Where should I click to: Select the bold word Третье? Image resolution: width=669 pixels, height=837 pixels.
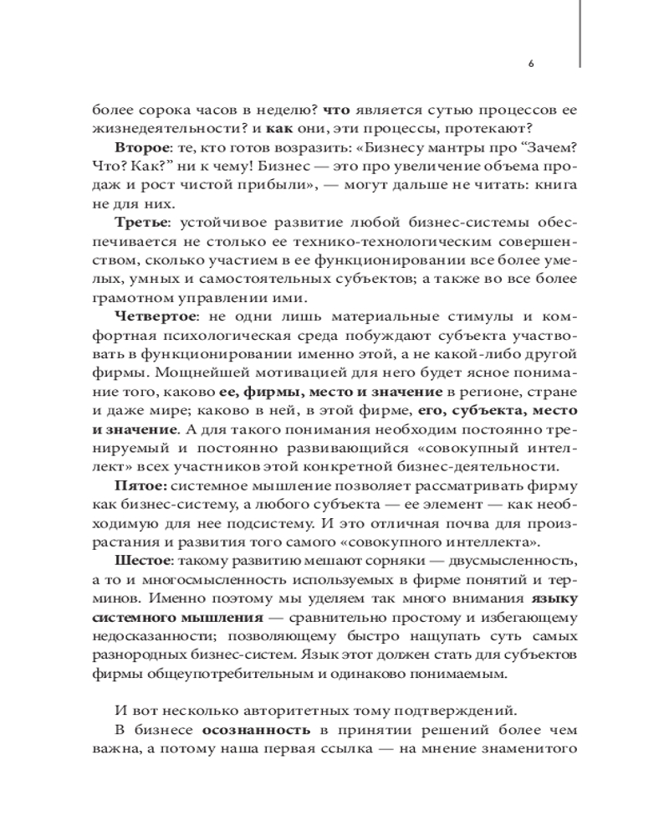pyautogui.click(x=140, y=223)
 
